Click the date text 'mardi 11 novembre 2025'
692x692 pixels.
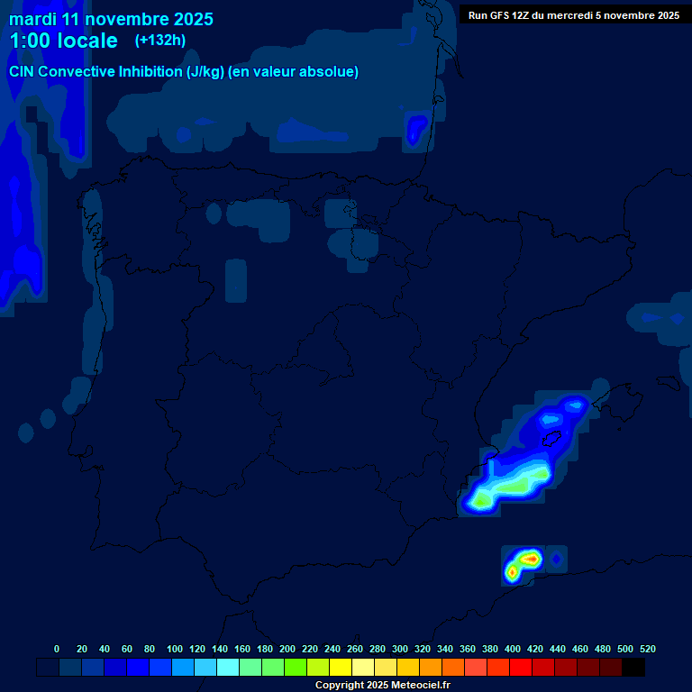111,19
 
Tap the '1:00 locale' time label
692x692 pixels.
63,41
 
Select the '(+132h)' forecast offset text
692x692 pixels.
161,40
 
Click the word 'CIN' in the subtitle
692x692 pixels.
23,72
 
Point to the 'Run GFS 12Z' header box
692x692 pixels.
574,15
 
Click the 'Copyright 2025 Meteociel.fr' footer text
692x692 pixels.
382,685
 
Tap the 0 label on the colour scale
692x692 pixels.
57,649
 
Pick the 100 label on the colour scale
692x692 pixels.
175,649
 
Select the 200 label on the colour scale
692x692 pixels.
287,649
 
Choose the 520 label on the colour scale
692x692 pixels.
648,649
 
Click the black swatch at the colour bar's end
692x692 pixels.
633,668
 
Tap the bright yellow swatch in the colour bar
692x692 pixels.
341,668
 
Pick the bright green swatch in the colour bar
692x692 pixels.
296,668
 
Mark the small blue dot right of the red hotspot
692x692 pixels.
556,560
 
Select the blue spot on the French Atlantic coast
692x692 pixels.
415,129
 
